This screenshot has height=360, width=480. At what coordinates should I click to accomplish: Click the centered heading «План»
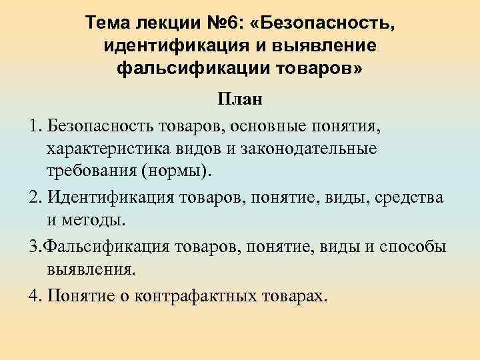click(239, 100)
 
